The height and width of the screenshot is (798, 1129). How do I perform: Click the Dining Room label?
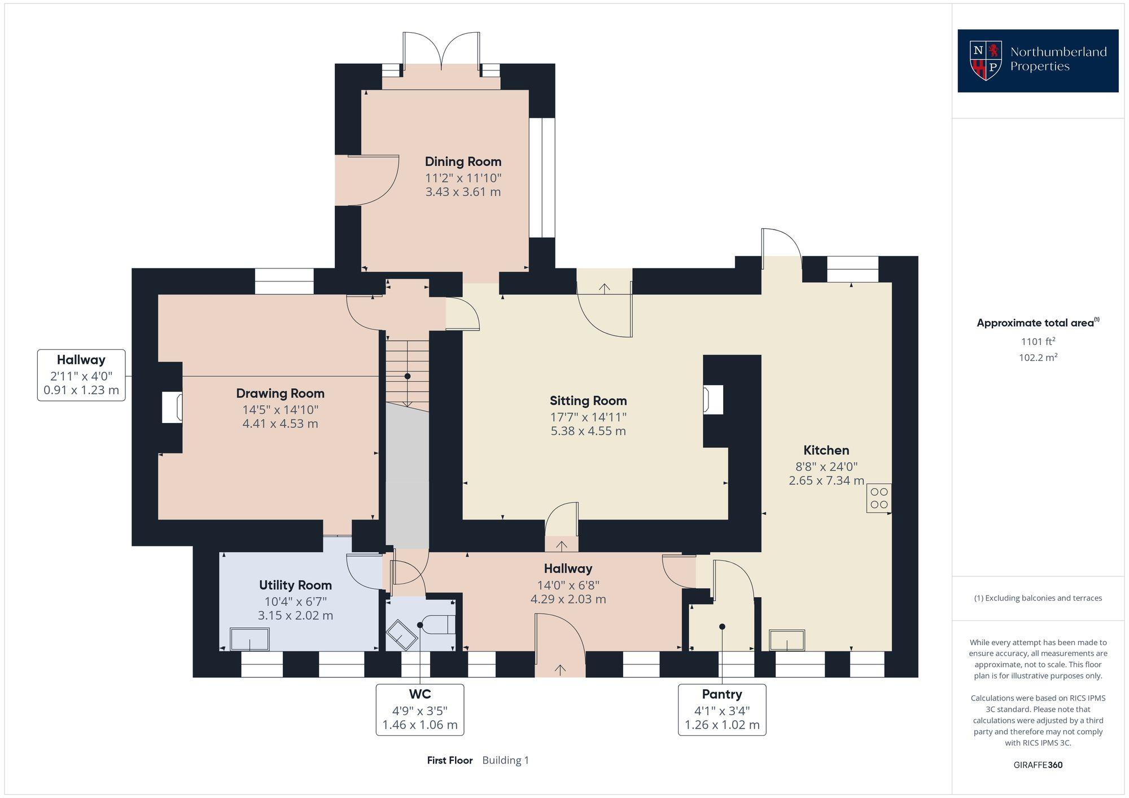tap(463, 162)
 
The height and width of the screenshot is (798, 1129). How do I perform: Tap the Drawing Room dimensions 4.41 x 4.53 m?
tap(280, 424)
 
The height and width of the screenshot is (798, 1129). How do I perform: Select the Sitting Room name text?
tap(588, 401)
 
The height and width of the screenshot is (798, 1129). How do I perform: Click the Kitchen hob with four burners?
tap(879, 499)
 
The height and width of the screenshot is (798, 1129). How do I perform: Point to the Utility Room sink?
tap(250, 640)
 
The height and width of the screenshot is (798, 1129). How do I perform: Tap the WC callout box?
tap(420, 709)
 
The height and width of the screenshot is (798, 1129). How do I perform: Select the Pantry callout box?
tap(721, 709)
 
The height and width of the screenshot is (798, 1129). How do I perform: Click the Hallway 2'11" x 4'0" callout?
tap(81, 375)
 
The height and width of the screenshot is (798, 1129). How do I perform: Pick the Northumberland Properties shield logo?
tap(985, 60)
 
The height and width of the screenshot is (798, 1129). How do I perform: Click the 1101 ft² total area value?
tap(1038, 341)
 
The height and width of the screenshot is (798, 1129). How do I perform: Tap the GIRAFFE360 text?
tap(1038, 765)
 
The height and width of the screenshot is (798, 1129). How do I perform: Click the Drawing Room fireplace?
tap(172, 407)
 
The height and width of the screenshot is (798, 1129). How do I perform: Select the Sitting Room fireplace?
tap(713, 400)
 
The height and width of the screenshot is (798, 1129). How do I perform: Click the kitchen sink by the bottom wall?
tap(787, 641)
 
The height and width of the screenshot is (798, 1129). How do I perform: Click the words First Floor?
tap(449, 760)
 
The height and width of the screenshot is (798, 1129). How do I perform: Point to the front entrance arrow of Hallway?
tap(560, 669)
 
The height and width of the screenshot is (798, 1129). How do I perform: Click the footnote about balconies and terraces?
tap(1038, 598)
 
